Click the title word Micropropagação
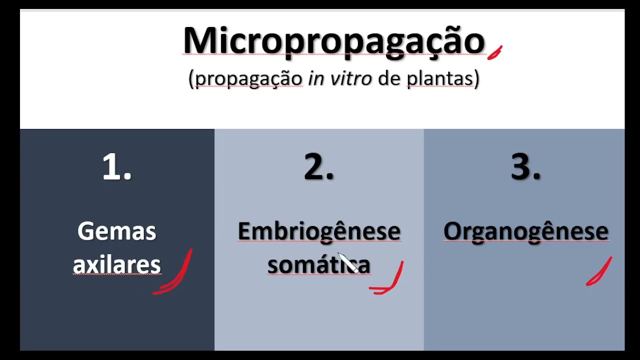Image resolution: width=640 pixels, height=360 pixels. pos(333,41)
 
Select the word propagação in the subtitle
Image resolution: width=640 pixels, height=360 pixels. pos(248,79)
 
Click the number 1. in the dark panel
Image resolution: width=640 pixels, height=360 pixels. pos(117,167)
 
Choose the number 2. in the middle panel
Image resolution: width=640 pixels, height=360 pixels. pos(319,167)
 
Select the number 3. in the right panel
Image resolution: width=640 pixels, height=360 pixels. pos(525,167)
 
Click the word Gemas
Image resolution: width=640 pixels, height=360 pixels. pos(117,231)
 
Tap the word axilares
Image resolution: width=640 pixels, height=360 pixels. pos(117,264)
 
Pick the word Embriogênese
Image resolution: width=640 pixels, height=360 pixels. pos(319,231)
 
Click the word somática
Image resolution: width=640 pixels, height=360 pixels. pos(319,264)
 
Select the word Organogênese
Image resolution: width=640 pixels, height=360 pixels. pos(525,231)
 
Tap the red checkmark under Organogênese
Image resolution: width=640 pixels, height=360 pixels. pos(599,272)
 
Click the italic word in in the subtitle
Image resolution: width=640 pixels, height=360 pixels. pos(315,78)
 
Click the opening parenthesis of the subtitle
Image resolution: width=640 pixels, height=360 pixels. pos(191,79)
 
